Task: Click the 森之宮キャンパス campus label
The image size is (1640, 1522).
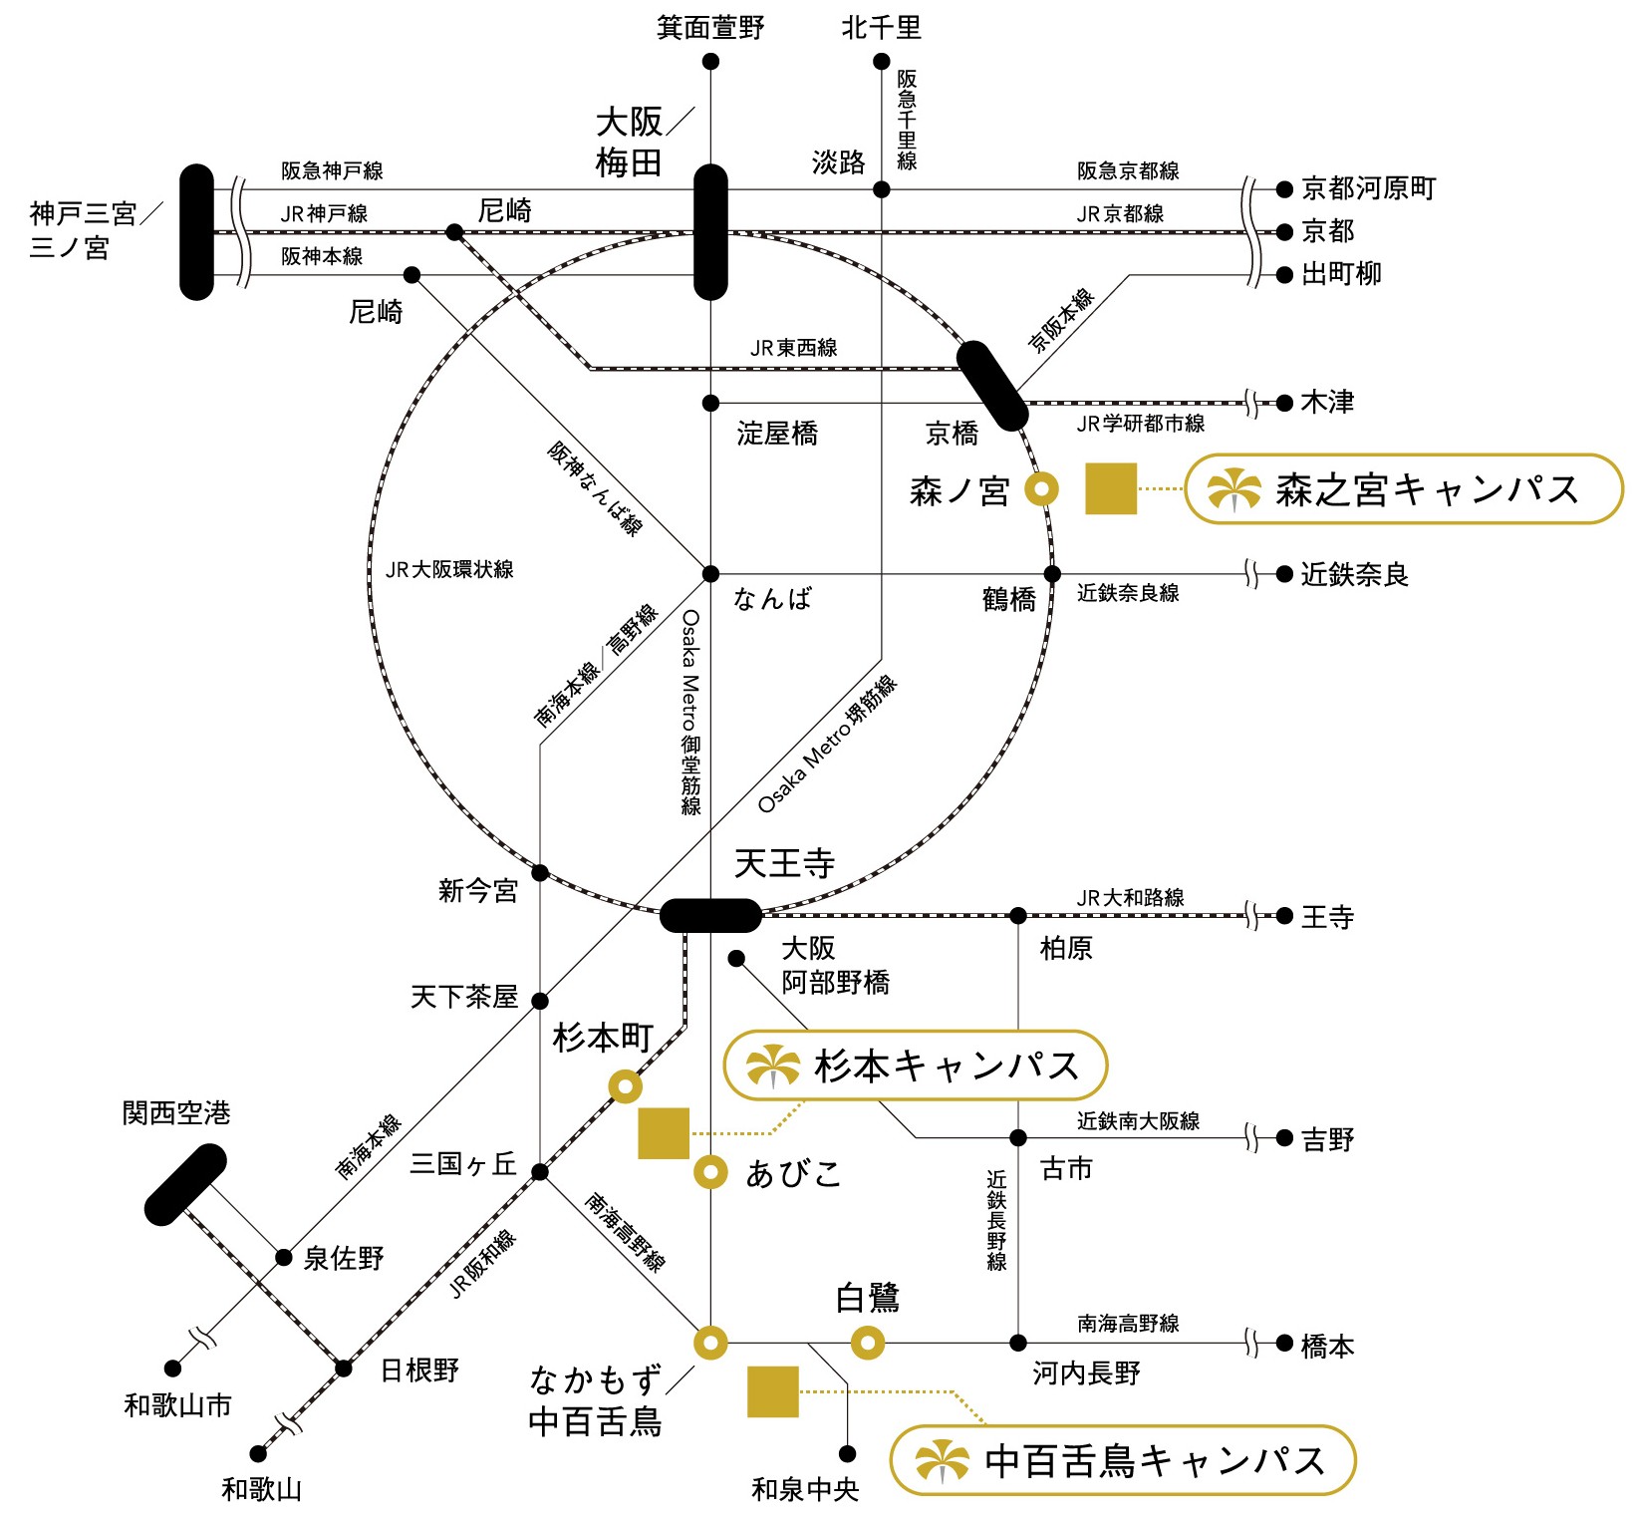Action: tap(1403, 489)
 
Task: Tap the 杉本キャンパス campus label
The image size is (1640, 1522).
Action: tap(915, 1065)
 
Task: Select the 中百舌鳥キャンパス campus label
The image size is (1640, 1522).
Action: tap(1122, 1461)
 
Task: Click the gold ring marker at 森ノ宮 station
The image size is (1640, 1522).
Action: tap(1042, 489)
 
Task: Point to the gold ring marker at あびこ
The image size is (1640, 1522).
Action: tap(710, 1172)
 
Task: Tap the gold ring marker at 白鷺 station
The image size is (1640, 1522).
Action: tap(867, 1344)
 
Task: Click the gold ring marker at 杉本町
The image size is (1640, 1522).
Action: tap(625, 1085)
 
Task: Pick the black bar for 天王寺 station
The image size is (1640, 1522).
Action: tap(710, 915)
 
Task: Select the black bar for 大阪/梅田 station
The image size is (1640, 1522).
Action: tap(710, 232)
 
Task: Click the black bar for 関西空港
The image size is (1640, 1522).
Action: tap(185, 1184)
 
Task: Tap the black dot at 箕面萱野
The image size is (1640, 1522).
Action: tap(710, 62)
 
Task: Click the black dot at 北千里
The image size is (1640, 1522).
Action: tap(881, 62)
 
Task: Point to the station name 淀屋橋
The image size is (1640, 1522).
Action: tap(777, 434)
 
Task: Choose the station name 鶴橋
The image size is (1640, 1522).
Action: tap(1008, 600)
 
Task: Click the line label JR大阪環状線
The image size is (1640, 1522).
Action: tap(449, 569)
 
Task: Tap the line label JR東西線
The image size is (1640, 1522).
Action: tap(793, 348)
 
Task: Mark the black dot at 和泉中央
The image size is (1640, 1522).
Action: tap(847, 1454)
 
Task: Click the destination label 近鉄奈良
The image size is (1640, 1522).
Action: tap(1354, 575)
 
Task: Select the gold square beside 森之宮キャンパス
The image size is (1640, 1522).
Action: tap(1111, 489)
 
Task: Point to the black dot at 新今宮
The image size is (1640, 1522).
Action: tap(540, 873)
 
